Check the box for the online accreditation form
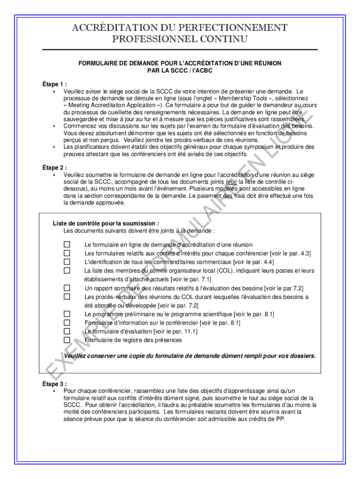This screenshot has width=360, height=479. pyautogui.click(x=67, y=245)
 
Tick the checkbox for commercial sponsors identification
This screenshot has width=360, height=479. pyautogui.click(x=67, y=262)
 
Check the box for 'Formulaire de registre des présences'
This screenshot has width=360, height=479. pyautogui.click(x=67, y=340)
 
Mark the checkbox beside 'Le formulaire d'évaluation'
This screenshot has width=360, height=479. pyautogui.click(x=67, y=331)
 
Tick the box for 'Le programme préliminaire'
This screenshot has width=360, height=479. pyautogui.click(x=67, y=314)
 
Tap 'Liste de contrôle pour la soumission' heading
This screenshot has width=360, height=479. pyautogui.click(x=106, y=224)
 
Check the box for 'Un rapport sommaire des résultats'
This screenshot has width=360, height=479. pyautogui.click(x=67, y=288)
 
